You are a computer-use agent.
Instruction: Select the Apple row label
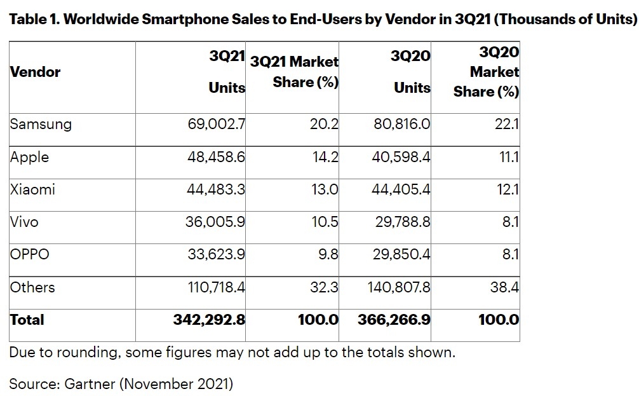tap(29, 157)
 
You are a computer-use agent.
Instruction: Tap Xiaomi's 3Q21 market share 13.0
tap(324, 189)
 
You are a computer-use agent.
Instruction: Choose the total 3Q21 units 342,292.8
tap(209, 319)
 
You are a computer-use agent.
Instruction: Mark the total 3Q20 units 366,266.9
tap(394, 319)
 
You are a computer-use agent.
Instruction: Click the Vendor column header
tap(35, 72)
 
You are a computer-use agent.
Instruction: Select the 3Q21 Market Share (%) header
tap(295, 72)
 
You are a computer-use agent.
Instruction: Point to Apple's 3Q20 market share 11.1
tap(507, 157)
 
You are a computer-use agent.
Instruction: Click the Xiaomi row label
tap(32, 189)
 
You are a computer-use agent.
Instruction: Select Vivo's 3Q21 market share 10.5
tap(324, 222)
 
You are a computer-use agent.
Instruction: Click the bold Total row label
tap(27, 319)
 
